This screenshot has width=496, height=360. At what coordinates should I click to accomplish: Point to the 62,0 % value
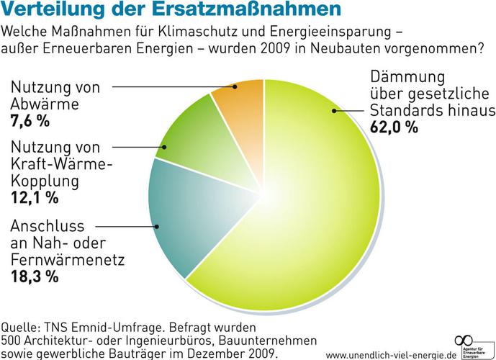pyautogui.click(x=394, y=127)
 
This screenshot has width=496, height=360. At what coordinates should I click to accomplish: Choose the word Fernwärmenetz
pyautogui.click(x=68, y=258)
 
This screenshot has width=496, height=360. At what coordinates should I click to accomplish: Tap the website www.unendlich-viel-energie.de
pyautogui.click(x=391, y=354)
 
